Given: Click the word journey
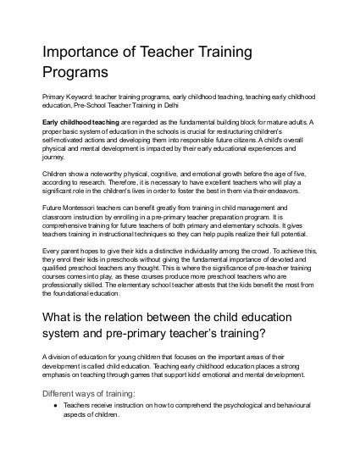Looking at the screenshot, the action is pos(53,158).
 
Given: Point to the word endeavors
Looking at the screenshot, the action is pos(298,192).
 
